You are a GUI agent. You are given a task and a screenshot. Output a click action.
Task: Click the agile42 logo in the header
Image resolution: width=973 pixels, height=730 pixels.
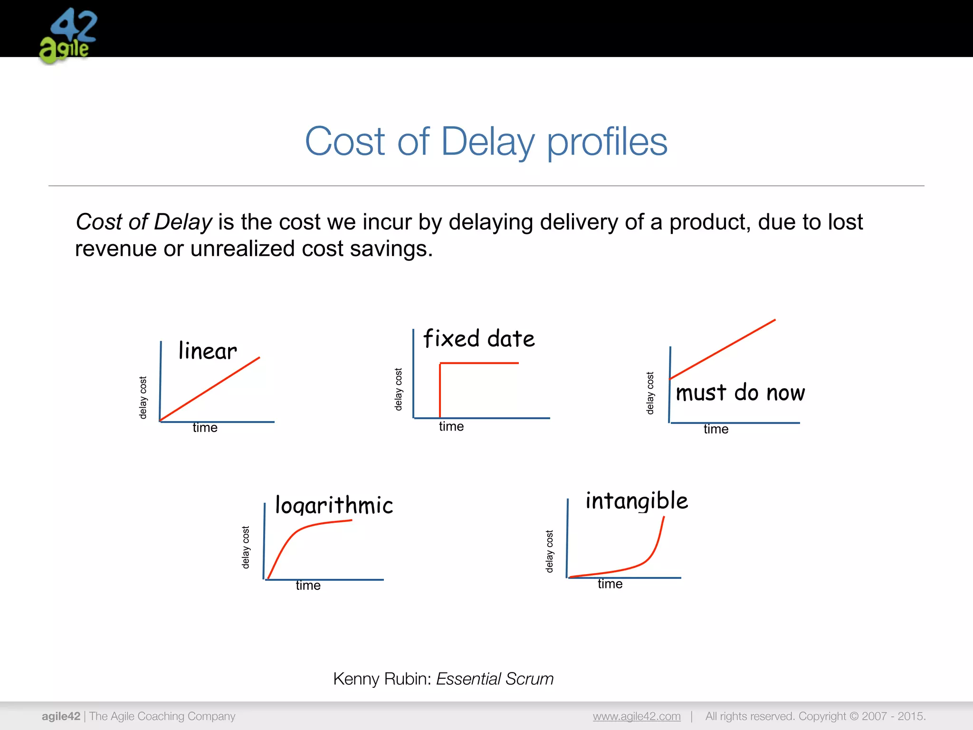[x=68, y=36]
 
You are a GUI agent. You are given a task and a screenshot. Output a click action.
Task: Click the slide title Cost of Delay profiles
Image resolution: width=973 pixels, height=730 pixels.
[x=486, y=141]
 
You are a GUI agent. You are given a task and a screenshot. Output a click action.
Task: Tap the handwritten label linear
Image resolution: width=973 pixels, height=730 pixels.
[x=208, y=351]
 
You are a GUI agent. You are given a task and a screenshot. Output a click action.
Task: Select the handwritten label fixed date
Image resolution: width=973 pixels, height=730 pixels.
[x=479, y=339]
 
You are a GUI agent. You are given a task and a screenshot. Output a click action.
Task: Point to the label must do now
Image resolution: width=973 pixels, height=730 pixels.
[x=740, y=393]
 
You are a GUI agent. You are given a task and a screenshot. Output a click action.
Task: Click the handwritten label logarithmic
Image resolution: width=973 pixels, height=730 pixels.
[x=334, y=505]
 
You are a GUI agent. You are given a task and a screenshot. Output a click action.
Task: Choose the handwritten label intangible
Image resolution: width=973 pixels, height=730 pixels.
[x=637, y=501]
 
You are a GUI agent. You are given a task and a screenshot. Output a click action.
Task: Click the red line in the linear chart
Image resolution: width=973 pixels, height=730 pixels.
[x=210, y=389]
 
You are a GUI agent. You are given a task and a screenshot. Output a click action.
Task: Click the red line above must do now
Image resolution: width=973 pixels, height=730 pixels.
[x=723, y=349]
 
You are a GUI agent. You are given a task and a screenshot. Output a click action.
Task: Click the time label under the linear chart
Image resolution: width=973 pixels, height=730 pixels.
[x=205, y=428]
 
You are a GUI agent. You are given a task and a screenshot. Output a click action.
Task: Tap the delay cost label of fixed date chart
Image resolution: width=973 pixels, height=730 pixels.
[x=399, y=389]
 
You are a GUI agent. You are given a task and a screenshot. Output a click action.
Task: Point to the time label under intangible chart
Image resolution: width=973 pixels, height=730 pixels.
[x=610, y=584]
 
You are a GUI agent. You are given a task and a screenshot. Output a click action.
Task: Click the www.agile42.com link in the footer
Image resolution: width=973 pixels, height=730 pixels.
[x=637, y=716]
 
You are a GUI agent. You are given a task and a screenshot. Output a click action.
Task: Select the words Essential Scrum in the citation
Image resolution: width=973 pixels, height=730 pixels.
[x=495, y=679]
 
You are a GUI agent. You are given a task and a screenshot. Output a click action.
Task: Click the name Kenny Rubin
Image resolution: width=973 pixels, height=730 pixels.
[x=382, y=679]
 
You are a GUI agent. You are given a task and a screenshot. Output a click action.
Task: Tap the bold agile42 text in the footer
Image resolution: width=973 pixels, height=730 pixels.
[x=61, y=716]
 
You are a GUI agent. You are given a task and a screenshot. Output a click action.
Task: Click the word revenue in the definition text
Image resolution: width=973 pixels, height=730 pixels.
[x=115, y=249]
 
